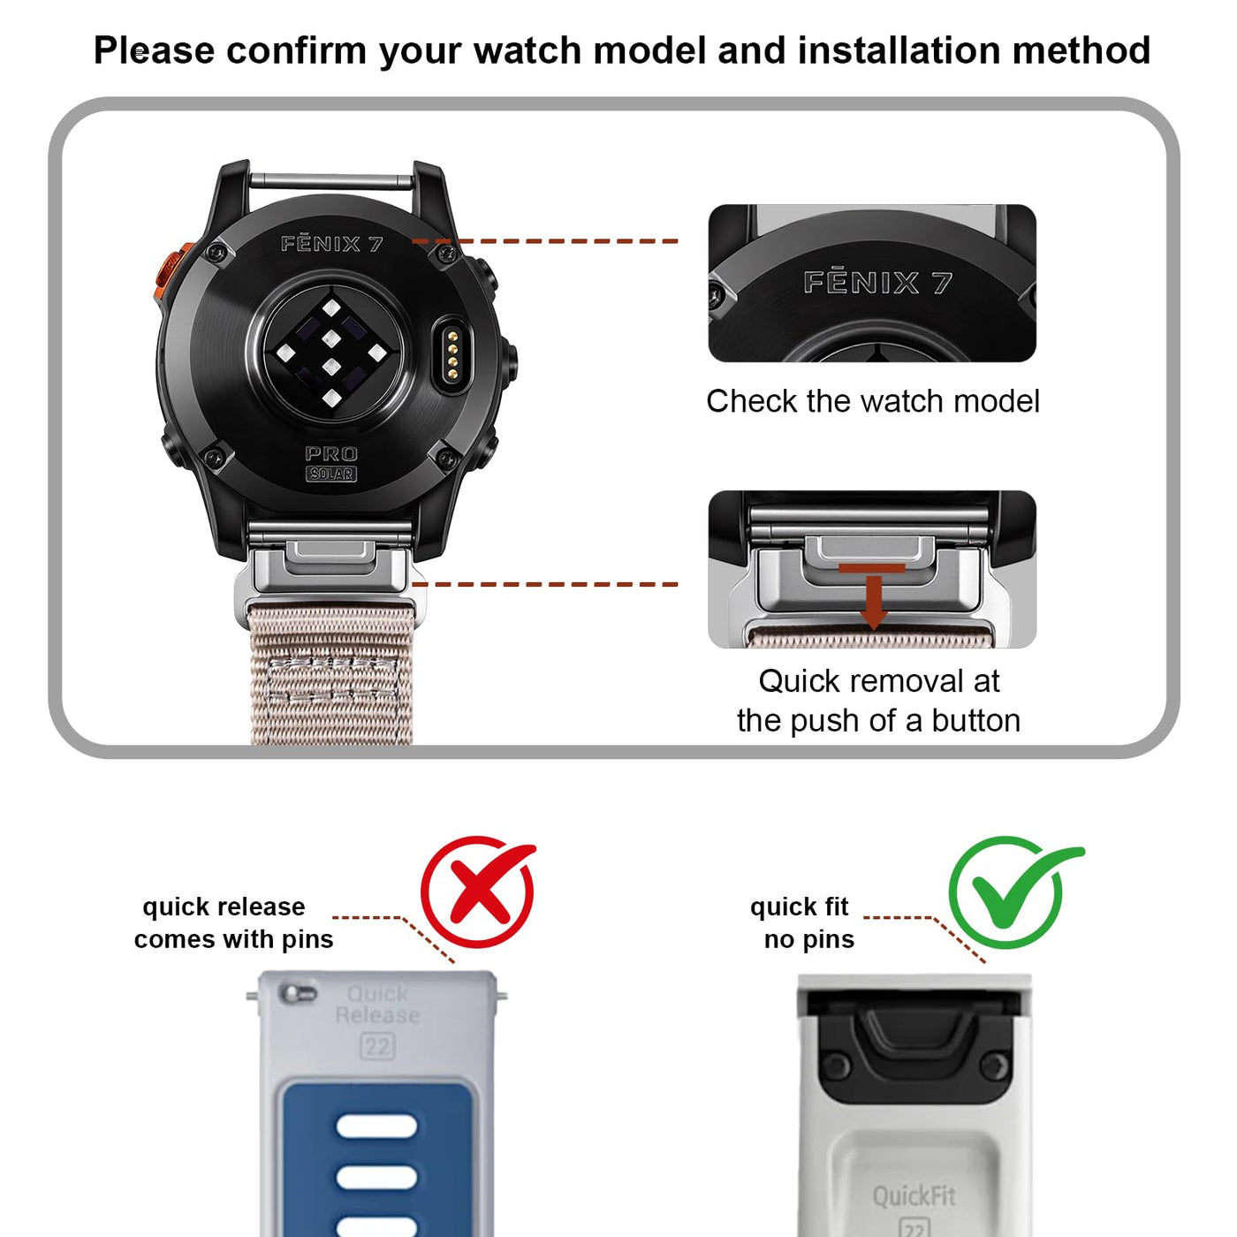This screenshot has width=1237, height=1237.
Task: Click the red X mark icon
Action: tap(477, 892)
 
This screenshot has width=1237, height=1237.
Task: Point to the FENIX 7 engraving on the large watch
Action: tap(331, 244)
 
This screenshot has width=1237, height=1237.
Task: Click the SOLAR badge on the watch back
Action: tap(331, 474)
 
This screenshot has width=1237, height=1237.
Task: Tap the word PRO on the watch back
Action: tap(331, 454)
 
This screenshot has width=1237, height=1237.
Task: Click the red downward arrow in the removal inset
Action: tap(872, 596)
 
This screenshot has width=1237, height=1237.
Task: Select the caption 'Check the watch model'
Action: tap(872, 401)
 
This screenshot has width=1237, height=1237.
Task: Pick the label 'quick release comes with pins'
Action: tap(233, 923)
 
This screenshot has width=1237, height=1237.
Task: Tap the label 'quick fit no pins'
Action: tap(802, 923)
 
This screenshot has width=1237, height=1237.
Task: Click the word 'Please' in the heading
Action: tap(154, 50)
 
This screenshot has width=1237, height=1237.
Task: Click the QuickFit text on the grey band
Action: tap(914, 1196)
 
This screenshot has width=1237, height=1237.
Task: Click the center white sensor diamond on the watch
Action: tap(331, 338)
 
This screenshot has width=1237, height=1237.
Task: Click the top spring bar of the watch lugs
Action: tap(331, 181)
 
